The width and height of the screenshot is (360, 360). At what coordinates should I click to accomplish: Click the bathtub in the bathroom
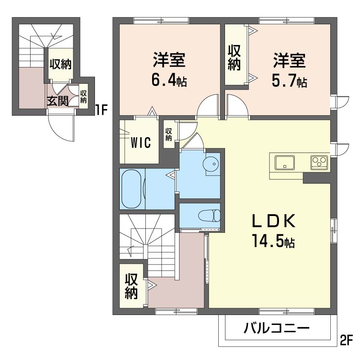coord(131,189)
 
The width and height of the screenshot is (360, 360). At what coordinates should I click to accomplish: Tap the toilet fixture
coord(209,216)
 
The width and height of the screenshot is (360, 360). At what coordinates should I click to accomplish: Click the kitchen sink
coord(285,162)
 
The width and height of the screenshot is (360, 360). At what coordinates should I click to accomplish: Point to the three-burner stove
coord(319,162)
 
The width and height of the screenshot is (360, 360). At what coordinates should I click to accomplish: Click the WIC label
coord(141,143)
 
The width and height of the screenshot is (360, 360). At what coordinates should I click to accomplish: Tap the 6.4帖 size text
coord(169,81)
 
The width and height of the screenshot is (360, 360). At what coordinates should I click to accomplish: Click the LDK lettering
coord(274,221)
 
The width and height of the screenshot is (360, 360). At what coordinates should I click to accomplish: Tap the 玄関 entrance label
coord(58,101)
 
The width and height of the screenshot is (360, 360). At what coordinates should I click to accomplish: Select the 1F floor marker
coord(101,110)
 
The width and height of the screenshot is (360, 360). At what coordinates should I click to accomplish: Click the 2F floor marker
coord(346,341)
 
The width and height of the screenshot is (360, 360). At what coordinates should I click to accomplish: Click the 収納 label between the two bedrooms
coord(234,58)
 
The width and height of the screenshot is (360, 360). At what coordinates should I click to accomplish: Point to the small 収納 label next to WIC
coord(168,134)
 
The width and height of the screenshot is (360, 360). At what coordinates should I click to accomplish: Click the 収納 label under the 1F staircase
coord(61,64)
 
